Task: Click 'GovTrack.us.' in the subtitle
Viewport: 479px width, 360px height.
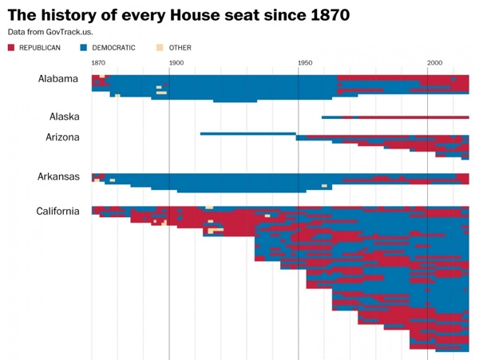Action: click(x=65, y=32)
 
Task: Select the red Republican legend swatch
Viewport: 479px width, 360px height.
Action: click(x=11, y=48)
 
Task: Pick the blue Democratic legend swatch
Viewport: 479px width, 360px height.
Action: click(x=84, y=48)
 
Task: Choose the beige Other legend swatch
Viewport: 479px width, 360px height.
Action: click(x=160, y=48)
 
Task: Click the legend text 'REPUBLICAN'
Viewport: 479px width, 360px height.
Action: click(x=40, y=48)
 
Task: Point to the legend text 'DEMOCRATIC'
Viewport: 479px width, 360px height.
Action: click(x=114, y=48)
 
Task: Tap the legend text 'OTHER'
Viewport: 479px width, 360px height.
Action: click(x=180, y=48)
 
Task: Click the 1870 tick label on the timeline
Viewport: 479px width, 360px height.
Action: click(x=98, y=63)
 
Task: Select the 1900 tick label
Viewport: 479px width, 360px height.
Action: click(x=176, y=63)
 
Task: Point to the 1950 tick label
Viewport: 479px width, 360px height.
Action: click(x=305, y=63)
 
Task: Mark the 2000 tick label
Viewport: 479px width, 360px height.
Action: click(x=434, y=63)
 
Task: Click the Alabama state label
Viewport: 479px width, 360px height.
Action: click(x=58, y=79)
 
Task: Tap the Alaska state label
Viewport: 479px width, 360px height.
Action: click(x=64, y=117)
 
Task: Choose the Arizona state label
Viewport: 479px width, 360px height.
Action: click(x=62, y=137)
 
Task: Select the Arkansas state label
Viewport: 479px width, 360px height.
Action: click(x=58, y=176)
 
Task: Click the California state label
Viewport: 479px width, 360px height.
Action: click(x=57, y=212)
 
